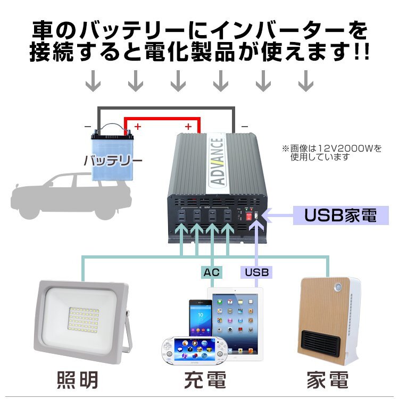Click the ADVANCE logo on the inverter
tap(218, 161)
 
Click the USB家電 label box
tap(340, 215)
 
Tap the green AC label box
tap(211, 272)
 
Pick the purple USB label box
tap(256, 272)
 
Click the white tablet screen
tap(235, 324)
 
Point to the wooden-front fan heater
tap(329, 321)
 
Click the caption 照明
tap(77, 380)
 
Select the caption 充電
tap(205, 380)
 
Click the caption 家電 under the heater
tap(328, 380)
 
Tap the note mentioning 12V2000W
tap(332, 153)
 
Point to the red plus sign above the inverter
tap(188, 126)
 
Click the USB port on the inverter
tap(256, 217)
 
